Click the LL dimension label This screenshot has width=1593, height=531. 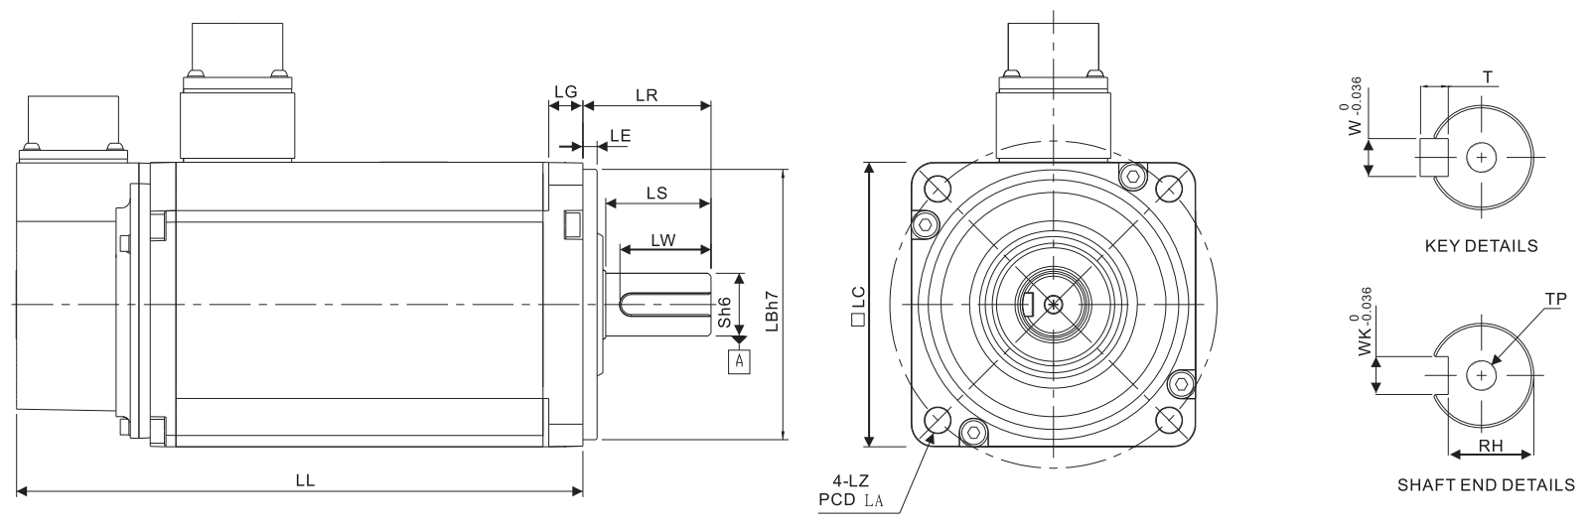(305, 480)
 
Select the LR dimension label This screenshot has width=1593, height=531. (647, 94)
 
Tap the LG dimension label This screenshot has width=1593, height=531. (566, 91)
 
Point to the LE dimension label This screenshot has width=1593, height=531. (620, 135)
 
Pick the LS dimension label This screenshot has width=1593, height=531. (657, 193)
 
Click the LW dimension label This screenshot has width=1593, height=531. (662, 240)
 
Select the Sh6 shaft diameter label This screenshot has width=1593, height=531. (724, 312)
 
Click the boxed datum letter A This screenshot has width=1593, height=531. (740, 362)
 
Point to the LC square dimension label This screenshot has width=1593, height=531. (858, 306)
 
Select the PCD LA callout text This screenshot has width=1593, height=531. (851, 499)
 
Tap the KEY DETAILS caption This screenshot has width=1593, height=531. (1482, 246)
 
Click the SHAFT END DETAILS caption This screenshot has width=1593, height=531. (1487, 484)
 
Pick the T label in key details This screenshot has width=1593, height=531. (1488, 76)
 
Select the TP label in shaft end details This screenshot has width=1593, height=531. (1556, 299)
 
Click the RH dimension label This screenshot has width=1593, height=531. (1491, 446)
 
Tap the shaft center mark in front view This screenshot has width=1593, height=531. (1054, 305)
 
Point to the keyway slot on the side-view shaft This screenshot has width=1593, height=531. (664, 305)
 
